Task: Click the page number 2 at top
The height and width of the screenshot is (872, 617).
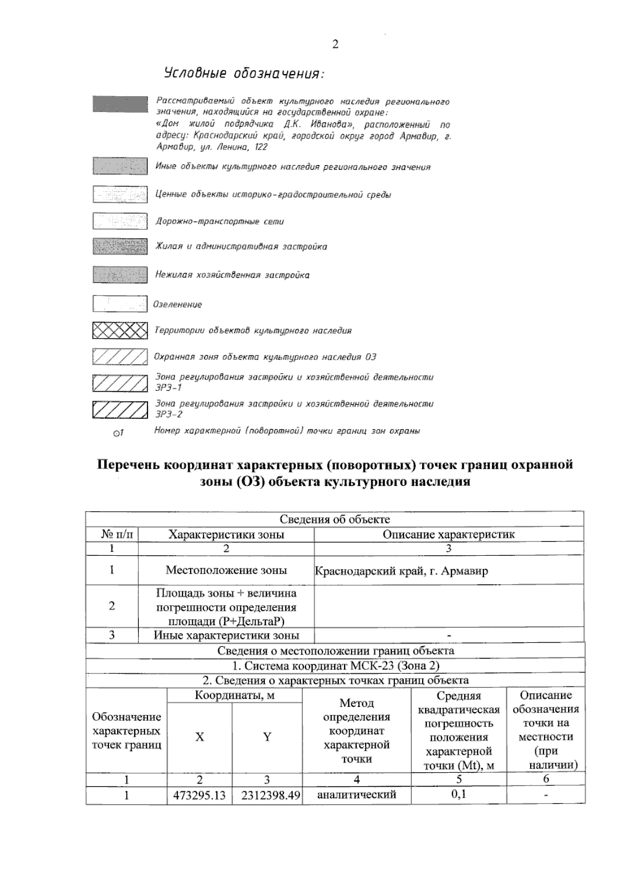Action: pyautogui.click(x=335, y=44)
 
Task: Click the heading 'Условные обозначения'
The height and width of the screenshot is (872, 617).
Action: pyautogui.click(x=244, y=73)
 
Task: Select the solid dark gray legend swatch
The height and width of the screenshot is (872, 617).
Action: pyautogui.click(x=120, y=103)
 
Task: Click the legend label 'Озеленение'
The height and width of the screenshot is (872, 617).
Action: pyautogui.click(x=178, y=304)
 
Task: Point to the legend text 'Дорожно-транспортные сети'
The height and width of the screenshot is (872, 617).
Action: pyautogui.click(x=220, y=222)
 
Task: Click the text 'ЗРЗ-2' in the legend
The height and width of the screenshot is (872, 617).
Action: pyautogui.click(x=169, y=414)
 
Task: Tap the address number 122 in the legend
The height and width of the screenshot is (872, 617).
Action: pyautogui.click(x=261, y=147)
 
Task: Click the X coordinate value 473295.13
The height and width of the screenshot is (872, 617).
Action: pyautogui.click(x=199, y=795)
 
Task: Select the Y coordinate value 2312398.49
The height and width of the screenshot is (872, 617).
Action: pyautogui.click(x=267, y=795)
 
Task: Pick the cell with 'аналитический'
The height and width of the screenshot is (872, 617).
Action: pyautogui.click(x=356, y=794)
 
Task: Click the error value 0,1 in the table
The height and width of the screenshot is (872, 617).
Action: pyautogui.click(x=459, y=794)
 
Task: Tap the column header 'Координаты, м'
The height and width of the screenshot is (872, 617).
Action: pyautogui.click(x=234, y=696)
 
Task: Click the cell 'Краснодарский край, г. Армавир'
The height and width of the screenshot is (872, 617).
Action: pyautogui.click(x=401, y=571)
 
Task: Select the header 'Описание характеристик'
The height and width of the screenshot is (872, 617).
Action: pyautogui.click(x=448, y=534)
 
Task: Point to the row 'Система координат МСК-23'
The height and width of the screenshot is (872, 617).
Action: pyautogui.click(x=335, y=666)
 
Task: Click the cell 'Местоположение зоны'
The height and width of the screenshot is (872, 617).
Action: pyautogui.click(x=226, y=570)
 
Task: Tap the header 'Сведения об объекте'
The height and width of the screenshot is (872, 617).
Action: pyautogui.click(x=335, y=519)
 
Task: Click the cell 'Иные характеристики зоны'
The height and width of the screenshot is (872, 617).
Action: pyautogui.click(x=226, y=635)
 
